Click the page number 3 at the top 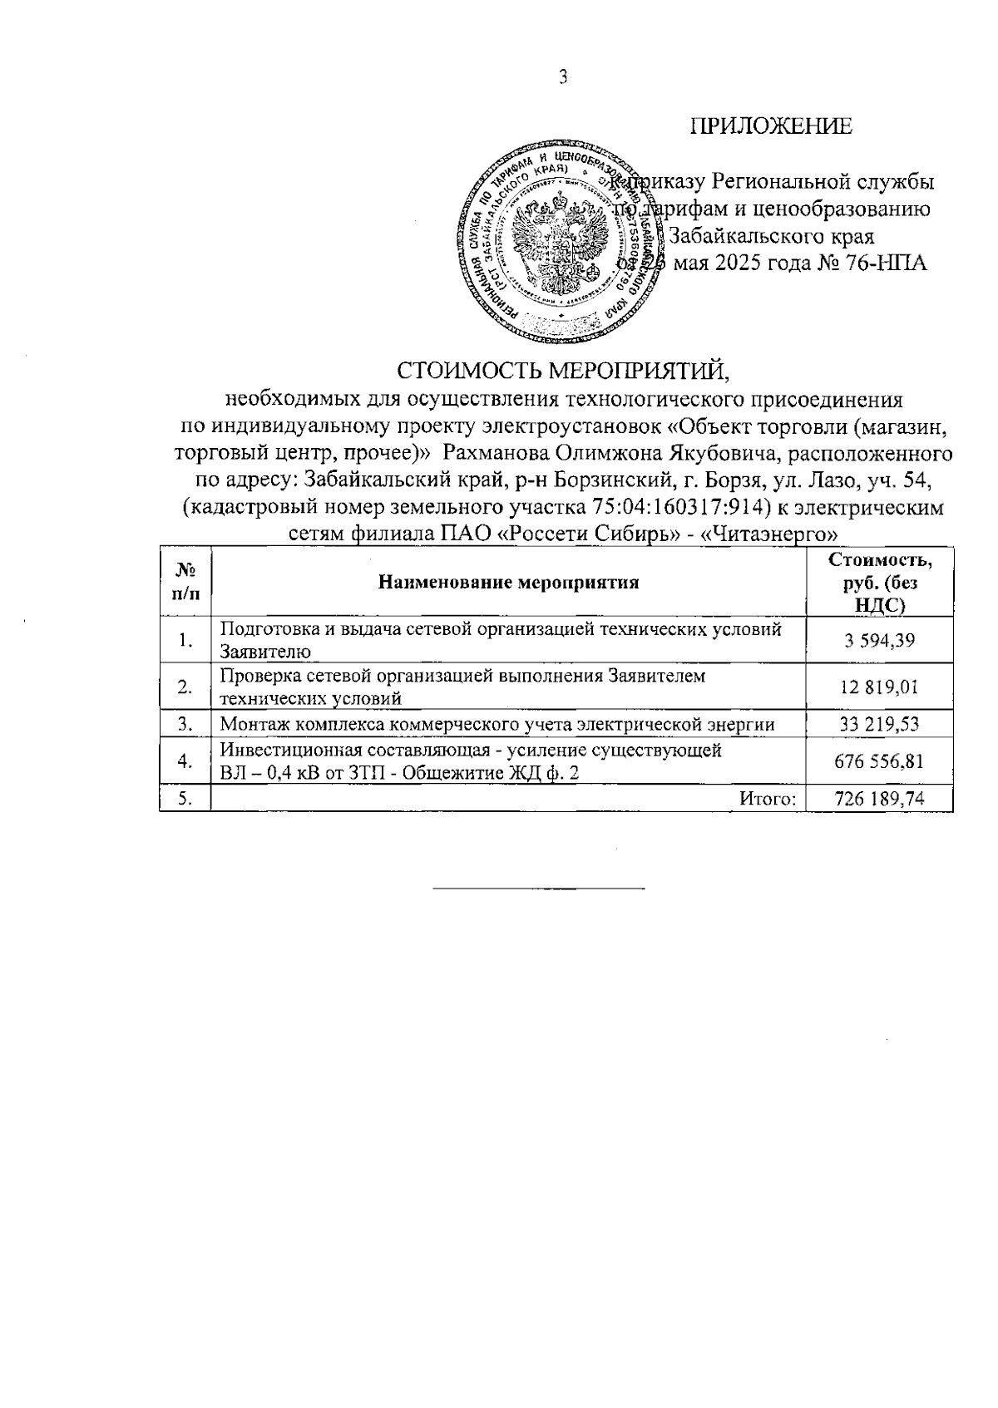(564, 78)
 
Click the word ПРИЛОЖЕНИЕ (771, 126)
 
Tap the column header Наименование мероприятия (508, 582)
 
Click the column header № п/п (185, 581)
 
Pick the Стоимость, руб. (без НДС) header (880, 582)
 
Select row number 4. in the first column (185, 762)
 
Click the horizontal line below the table (539, 889)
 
